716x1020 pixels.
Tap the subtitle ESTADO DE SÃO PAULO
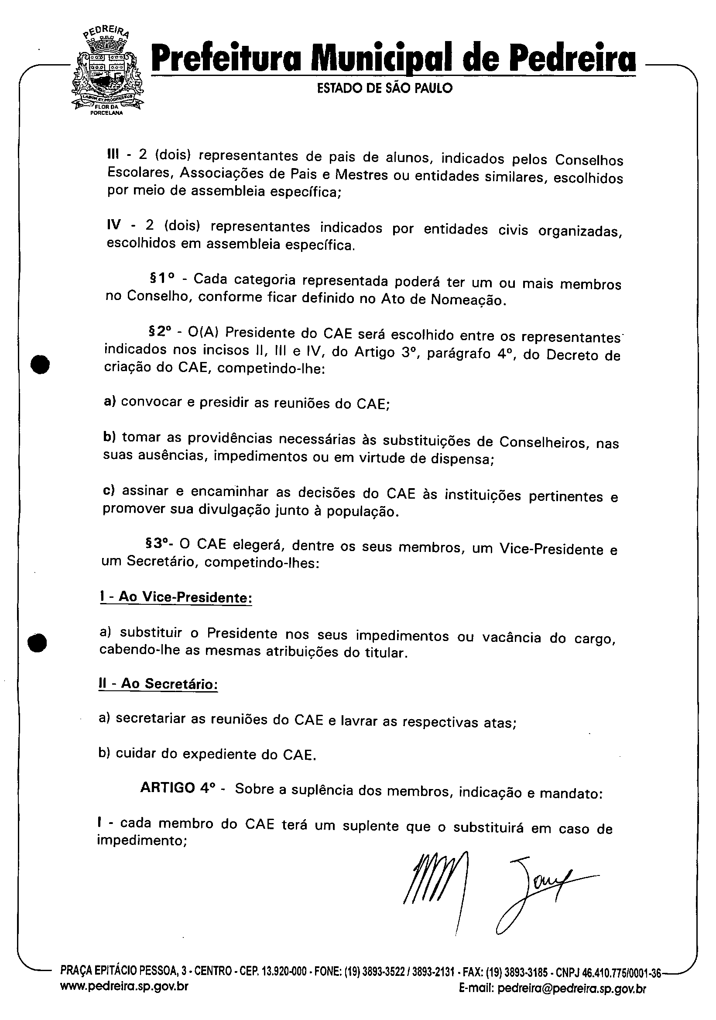click(x=384, y=88)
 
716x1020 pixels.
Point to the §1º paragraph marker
click(x=161, y=279)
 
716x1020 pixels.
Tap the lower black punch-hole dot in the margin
click(x=37, y=642)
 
